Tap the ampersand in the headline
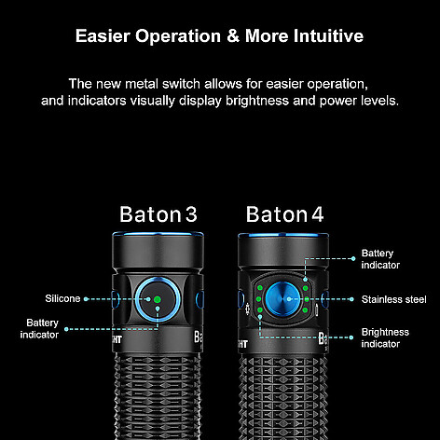coord(233,35)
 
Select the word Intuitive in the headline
coord(329,35)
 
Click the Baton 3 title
coord(158,214)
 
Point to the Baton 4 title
coord(284,214)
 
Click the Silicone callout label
coord(62,298)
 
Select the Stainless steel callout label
coord(393,299)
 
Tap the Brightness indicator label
coord(385,337)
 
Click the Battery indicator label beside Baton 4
coord(380,259)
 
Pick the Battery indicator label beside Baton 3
coord(39,328)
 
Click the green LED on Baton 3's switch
coord(158,299)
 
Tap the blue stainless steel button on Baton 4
coord(282,299)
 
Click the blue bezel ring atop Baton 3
coord(158,234)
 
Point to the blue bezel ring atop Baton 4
coord(283,235)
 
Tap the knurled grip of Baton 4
coord(283,398)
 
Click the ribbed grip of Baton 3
coord(158,398)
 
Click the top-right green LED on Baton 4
coord(305,288)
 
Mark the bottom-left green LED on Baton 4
coord(260,310)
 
